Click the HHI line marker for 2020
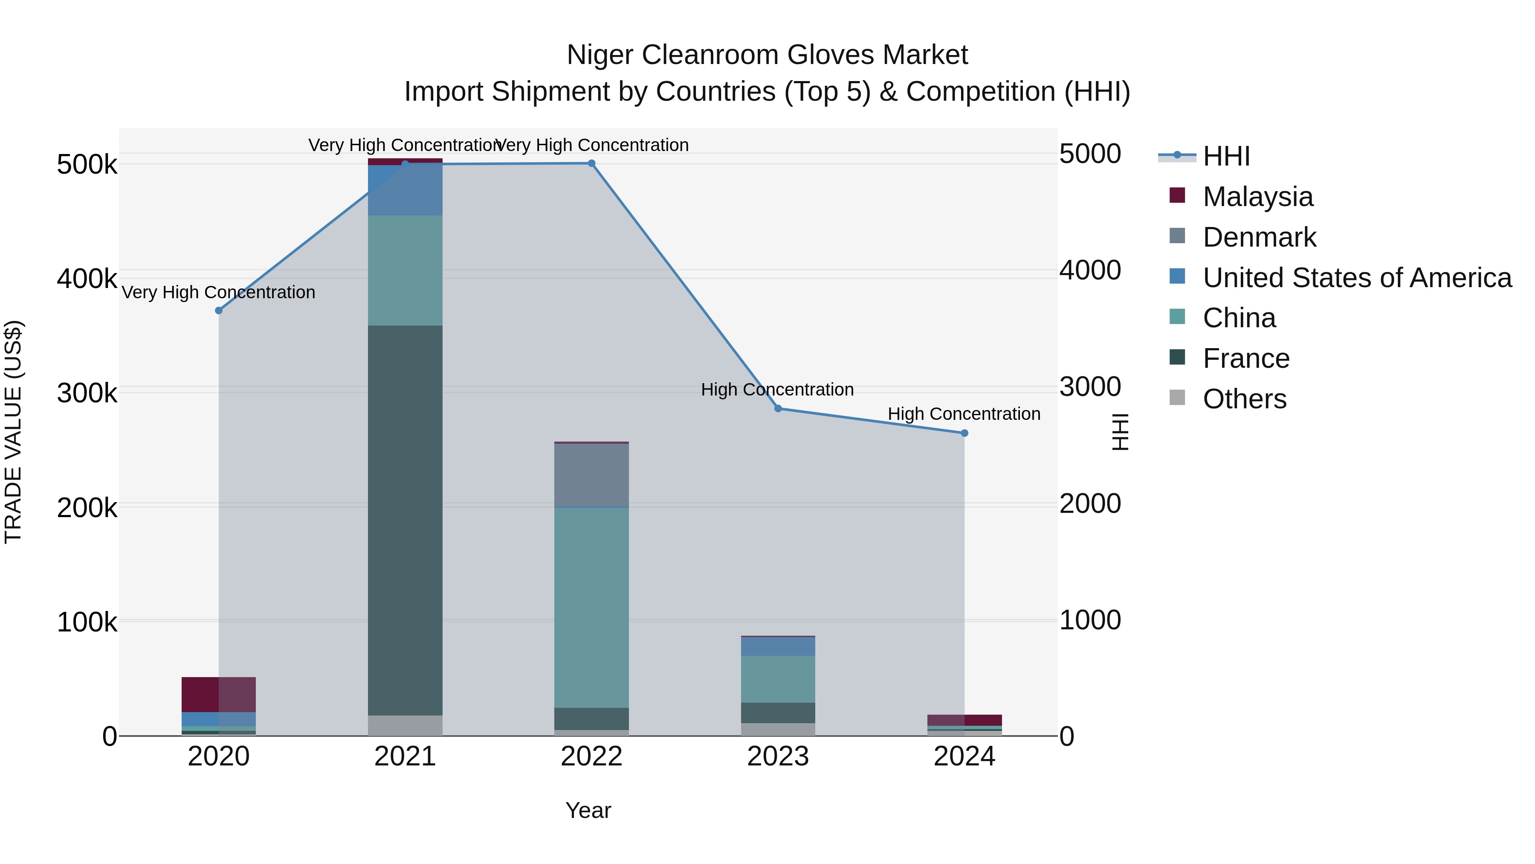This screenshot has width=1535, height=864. click(219, 311)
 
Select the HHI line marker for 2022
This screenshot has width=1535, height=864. click(592, 163)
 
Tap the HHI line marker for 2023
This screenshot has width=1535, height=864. click(778, 408)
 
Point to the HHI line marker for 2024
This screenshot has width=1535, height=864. click(965, 433)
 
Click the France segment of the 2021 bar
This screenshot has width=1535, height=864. click(405, 520)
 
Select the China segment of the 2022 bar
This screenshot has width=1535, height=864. click(592, 608)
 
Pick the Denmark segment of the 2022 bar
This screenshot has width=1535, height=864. click(592, 475)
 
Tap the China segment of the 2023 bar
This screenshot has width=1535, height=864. click(778, 679)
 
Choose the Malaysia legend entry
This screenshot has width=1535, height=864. click(1257, 197)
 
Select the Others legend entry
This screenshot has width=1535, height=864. click(1244, 399)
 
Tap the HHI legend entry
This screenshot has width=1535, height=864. click(1226, 156)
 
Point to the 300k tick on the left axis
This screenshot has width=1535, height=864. click(87, 393)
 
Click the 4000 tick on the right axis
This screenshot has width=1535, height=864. click(1090, 270)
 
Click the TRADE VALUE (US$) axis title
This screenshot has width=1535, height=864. click(13, 432)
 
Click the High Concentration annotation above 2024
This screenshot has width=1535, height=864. click(964, 414)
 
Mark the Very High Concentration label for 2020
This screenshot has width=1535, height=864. click(219, 292)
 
